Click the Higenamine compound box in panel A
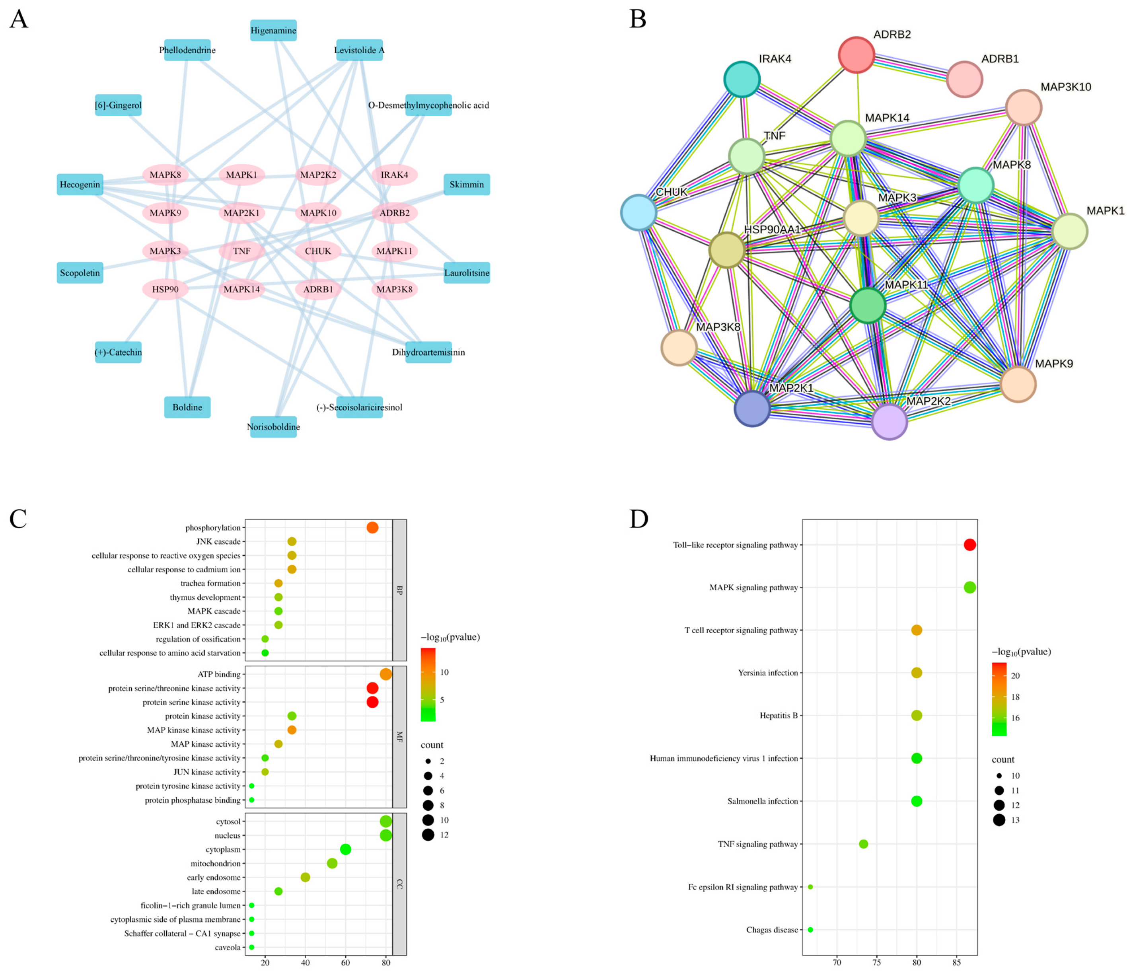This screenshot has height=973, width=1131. tap(273, 31)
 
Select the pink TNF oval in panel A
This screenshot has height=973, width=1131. tap(242, 251)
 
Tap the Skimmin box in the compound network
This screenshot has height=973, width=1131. tap(467, 185)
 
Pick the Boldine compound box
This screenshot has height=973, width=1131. tap(187, 407)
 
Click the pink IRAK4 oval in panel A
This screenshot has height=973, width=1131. tap(395, 175)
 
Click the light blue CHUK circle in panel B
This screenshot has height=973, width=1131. tap(638, 212)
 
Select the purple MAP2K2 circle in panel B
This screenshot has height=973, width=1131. tap(889, 422)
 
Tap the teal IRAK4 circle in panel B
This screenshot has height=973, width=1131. tap(742, 80)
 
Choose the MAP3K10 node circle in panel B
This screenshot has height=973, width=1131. tap(1024, 107)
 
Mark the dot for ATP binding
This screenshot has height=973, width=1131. tap(386, 675)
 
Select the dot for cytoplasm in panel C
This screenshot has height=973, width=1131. tap(346, 850)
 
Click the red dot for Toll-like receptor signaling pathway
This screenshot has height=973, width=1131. tap(969, 545)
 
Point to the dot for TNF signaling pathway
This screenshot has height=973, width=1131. tap(864, 844)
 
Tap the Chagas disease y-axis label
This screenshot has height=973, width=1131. tap(772, 930)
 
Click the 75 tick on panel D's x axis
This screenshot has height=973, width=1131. tap(877, 963)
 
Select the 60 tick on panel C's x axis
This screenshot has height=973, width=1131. tap(346, 963)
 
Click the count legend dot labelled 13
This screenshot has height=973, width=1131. tap(999, 820)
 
